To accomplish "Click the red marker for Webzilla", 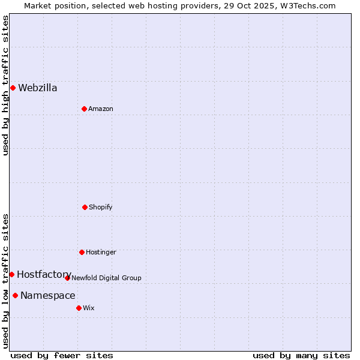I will [13, 88].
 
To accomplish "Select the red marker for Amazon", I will [84, 109].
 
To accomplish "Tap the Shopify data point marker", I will [85, 207].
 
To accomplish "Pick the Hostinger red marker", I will [82, 252].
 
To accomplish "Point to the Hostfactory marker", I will [11, 274].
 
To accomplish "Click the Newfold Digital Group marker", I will [67, 278].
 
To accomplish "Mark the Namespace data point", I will [15, 295].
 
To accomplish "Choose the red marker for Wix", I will [79, 308].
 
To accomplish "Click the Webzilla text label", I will [38, 88].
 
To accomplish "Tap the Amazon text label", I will [101, 109].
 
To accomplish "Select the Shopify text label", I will [101, 207].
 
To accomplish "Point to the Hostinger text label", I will [101, 252].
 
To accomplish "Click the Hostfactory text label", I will [44, 274].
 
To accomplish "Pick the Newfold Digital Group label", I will [106, 278].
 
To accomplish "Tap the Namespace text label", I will [48, 295].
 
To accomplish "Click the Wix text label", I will [89, 308].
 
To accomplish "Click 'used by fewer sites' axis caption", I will [62, 355].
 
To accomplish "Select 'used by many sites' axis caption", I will [301, 355].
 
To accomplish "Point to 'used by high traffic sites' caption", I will [6, 85].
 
